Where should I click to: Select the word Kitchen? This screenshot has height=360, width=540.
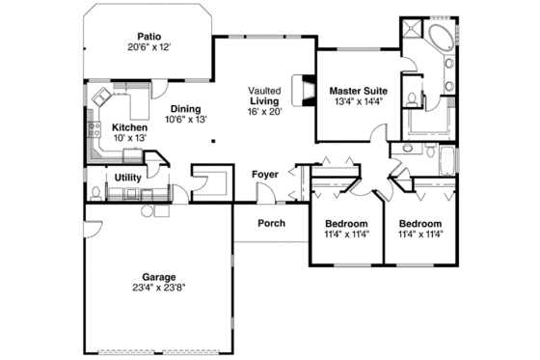pos(128,126)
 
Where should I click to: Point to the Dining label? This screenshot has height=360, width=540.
pos(185,108)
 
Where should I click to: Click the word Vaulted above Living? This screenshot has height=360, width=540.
pos(263,89)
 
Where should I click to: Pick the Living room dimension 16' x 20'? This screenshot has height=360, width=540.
pos(263,111)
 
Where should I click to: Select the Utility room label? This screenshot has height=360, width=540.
pos(127,178)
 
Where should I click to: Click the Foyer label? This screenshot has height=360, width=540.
pos(265,175)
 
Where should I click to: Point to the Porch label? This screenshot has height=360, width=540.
pos(271,223)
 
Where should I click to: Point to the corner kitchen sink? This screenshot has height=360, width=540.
pos(101,96)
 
